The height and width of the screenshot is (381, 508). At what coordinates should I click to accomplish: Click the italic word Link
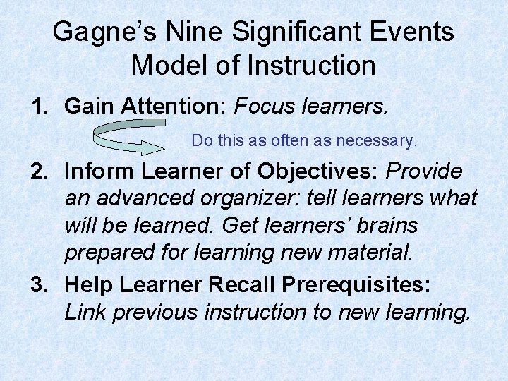[x=87, y=312]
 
